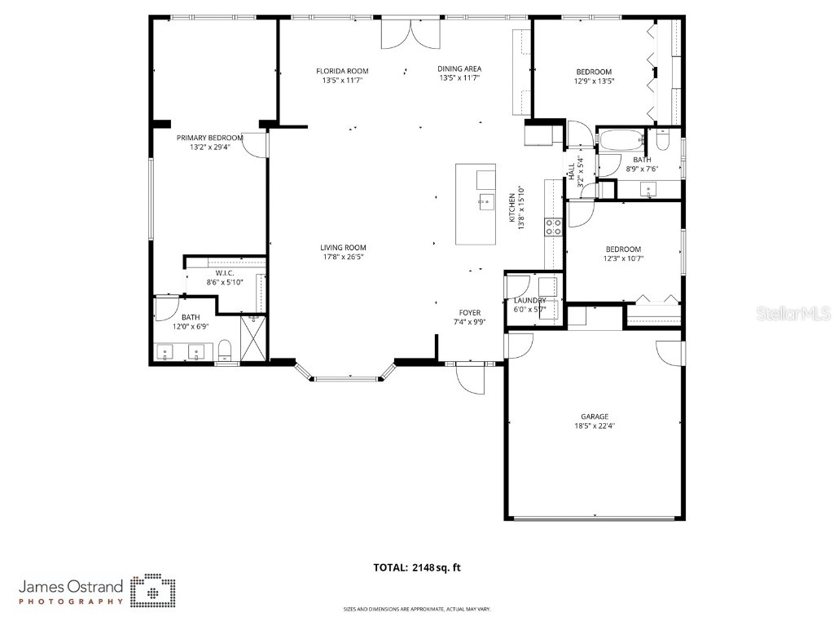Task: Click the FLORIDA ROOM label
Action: [x=342, y=71]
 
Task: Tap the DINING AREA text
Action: [x=459, y=69]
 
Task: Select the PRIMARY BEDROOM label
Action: [x=210, y=138]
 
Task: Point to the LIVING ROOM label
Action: [x=342, y=248]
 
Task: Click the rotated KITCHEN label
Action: [x=512, y=207]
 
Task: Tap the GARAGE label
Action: [x=595, y=417]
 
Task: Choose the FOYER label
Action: [x=470, y=312]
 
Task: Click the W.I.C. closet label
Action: [x=225, y=272]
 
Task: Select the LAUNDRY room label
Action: [x=529, y=301]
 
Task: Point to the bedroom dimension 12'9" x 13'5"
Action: [x=594, y=81]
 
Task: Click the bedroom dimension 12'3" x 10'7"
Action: [x=622, y=258]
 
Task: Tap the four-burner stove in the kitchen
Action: [x=554, y=227]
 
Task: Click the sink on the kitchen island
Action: [x=485, y=200]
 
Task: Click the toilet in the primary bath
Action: [x=226, y=352]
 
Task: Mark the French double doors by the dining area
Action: [x=410, y=33]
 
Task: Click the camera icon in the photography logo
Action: [x=153, y=591]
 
